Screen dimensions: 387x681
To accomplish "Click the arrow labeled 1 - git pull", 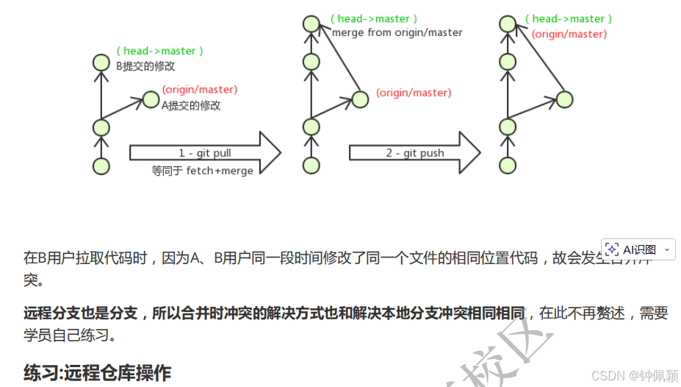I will coord(205,153).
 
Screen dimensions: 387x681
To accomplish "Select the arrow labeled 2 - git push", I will coord(414,153).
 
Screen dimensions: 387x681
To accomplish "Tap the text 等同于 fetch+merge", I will coord(202,171).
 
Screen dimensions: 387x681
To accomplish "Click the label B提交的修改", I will coord(145,65).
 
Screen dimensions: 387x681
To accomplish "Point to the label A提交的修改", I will coord(191,105).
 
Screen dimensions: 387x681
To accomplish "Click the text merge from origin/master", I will coord(397,32).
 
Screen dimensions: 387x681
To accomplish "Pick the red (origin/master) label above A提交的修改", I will coord(200,90).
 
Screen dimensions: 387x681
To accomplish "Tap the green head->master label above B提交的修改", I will coord(159,51).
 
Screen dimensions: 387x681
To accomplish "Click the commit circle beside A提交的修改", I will coord(151,99).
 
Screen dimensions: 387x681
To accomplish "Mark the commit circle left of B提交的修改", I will coord(101,62).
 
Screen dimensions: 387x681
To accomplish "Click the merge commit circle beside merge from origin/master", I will coord(311,24).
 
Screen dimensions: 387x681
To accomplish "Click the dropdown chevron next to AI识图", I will coord(666,250).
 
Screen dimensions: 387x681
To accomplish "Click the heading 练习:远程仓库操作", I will coord(98,372).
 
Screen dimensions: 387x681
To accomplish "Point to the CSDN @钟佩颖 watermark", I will coord(624,376).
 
